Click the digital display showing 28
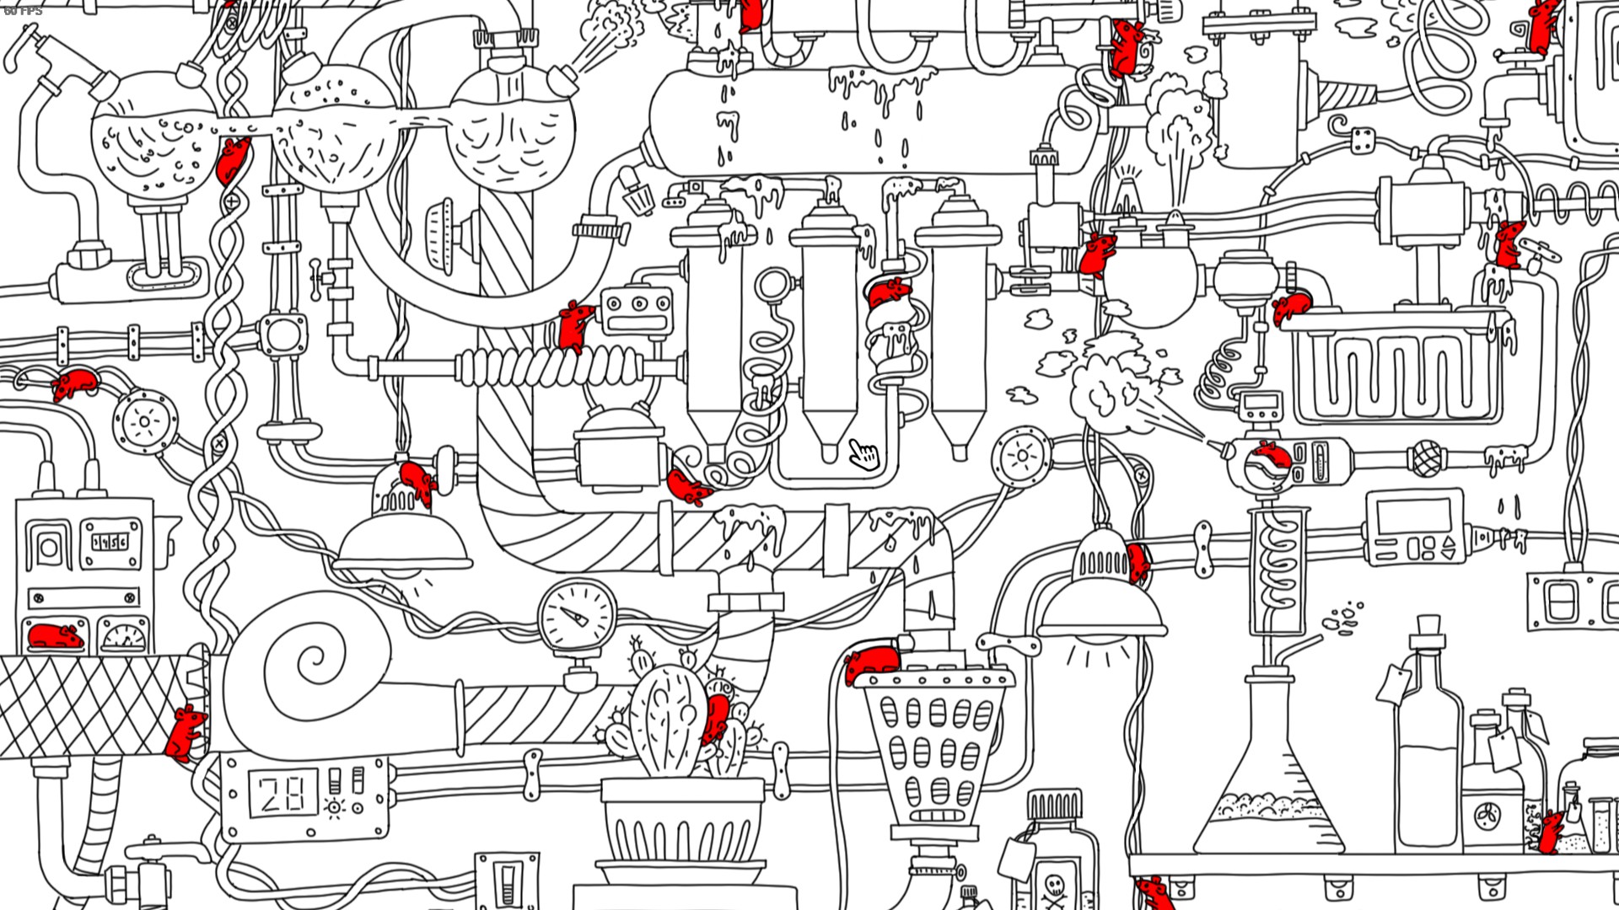pos(281,794)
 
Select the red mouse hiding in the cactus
pos(717,717)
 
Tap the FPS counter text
pos(23,11)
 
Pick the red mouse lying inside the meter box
pos(55,636)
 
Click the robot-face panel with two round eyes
pos(638,310)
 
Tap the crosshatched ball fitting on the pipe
pos(1425,459)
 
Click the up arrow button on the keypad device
pos(1449,541)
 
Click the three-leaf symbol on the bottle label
pos(1487,816)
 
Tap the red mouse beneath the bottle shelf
pos(1154,891)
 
